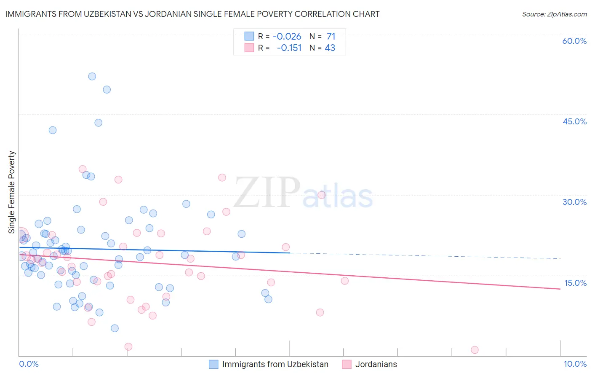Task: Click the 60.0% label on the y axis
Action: (574, 41)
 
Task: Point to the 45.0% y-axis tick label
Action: (574, 121)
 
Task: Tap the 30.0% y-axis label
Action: (574, 202)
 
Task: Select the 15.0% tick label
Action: (575, 283)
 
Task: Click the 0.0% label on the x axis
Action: (29, 364)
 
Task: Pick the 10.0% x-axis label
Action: (575, 364)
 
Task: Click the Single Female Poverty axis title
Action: (12, 192)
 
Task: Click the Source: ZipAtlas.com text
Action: (554, 14)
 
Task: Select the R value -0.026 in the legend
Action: (287, 37)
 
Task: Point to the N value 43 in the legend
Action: (330, 48)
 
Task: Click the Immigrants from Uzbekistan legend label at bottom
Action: (275, 364)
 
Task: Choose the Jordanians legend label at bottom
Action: (376, 364)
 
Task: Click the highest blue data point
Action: (92, 76)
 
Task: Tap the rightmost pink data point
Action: (475, 349)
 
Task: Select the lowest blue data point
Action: (115, 328)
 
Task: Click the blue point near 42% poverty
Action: (53, 130)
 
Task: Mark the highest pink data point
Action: (83, 169)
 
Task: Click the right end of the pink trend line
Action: (560, 289)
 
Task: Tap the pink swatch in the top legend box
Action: (249, 48)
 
